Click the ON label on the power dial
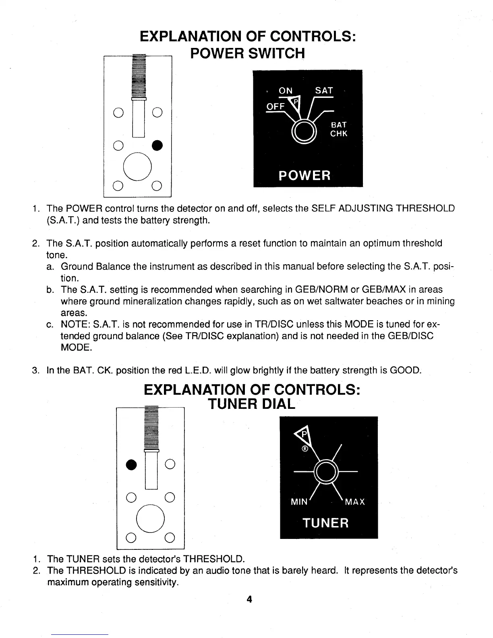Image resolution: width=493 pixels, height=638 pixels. tap(286, 91)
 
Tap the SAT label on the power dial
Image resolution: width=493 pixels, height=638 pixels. tap(324, 91)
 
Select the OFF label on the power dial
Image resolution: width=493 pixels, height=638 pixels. tap(276, 106)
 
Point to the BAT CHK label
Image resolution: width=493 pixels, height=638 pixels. tap(338, 129)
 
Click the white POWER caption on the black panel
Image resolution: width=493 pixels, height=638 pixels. tap(305, 175)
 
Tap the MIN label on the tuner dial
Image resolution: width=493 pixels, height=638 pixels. tap(299, 502)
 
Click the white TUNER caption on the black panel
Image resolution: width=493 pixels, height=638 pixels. tap(325, 523)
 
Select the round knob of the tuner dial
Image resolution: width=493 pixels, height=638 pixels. tap(326, 470)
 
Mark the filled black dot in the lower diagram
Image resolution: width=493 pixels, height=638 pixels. tap(130, 464)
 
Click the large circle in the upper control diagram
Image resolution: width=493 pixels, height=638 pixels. tap(137, 167)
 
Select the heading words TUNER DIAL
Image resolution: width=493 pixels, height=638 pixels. tap(251, 404)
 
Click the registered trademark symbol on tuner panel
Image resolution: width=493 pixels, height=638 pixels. tap(305, 449)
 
